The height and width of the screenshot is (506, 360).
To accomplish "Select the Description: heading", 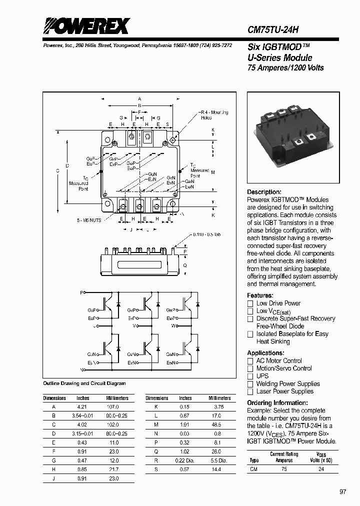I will pyautogui.click(x=264, y=192).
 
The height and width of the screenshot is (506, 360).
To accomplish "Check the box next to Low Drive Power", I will pyautogui.click(x=250, y=303).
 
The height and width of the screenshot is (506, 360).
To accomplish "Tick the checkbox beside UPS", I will pyautogui.click(x=250, y=376).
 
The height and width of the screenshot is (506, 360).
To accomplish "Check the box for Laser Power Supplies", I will pyautogui.click(x=250, y=391).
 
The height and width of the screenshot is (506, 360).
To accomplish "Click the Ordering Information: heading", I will pyautogui.click(x=277, y=402).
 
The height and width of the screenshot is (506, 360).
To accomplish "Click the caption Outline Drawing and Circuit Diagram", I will pyautogui.click(x=84, y=383).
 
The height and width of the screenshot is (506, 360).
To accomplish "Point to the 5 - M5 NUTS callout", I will pyautogui.click(x=88, y=220).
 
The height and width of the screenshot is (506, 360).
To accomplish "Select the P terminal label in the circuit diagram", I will pyautogui.click(x=82, y=291).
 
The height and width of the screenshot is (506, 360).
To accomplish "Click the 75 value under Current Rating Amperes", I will pyautogui.click(x=284, y=469).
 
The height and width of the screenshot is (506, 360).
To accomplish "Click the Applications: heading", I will pyautogui.click(x=267, y=352).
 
